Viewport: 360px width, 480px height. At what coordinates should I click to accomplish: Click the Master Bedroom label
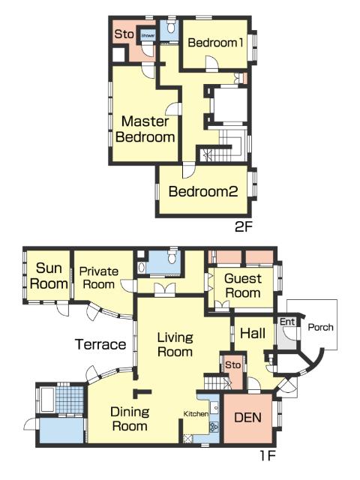(145, 129)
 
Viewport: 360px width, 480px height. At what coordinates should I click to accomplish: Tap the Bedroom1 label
(215, 43)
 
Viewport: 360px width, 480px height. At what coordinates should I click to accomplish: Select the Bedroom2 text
(203, 192)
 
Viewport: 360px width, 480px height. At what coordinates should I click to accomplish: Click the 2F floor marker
(243, 226)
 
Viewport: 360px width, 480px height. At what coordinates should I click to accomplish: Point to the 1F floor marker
(268, 456)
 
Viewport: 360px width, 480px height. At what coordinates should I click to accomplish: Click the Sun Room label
(49, 276)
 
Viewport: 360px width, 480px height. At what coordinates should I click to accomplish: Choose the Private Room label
(98, 277)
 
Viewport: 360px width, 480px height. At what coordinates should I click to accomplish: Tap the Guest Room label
(243, 286)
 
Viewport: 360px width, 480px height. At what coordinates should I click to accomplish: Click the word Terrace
(100, 344)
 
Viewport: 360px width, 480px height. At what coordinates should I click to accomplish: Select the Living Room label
(175, 345)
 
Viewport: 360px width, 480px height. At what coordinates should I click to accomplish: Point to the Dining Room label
(130, 418)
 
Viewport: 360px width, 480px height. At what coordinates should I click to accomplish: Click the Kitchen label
(196, 414)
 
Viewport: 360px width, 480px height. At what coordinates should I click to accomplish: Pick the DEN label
(247, 418)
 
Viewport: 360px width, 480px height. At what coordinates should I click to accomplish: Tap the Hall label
(253, 333)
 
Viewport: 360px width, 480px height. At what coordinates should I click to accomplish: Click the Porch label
(320, 327)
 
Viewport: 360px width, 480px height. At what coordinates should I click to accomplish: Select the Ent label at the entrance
(287, 322)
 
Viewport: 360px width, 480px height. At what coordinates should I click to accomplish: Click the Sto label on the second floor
(124, 34)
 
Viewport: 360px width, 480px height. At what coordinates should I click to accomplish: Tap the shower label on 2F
(148, 35)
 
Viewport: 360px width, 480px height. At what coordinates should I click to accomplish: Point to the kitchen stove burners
(214, 426)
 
